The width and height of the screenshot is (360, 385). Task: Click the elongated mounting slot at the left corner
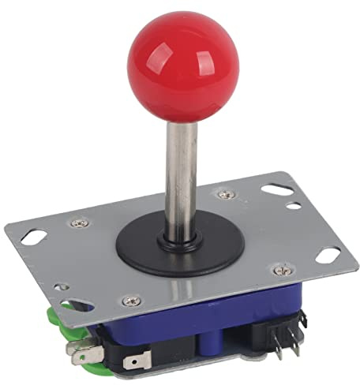tap(32, 235)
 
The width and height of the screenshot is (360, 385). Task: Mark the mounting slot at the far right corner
tap(328, 254)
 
